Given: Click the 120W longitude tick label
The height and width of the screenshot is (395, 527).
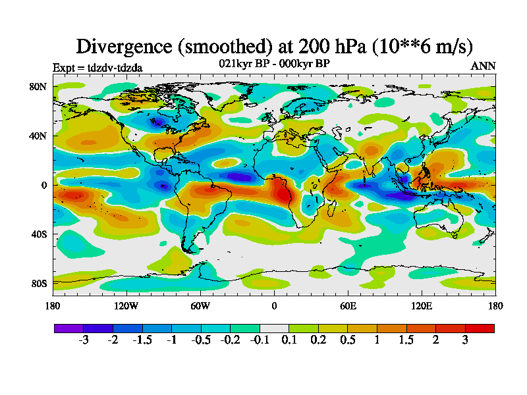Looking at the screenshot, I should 126,305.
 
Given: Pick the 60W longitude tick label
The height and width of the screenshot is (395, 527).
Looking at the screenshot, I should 200,305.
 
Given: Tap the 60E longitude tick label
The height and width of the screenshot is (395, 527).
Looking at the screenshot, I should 348,305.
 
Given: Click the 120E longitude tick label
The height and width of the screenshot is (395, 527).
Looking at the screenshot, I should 422,305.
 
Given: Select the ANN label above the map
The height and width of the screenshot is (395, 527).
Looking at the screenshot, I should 483,66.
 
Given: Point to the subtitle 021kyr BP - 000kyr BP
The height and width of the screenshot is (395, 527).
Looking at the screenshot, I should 274,63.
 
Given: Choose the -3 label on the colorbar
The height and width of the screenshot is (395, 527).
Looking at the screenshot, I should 83,340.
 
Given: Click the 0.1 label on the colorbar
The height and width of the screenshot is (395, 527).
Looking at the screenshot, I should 289,340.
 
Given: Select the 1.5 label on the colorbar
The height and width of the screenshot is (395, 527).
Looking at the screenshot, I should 406,340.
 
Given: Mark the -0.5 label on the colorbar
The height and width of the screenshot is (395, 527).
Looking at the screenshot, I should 200,340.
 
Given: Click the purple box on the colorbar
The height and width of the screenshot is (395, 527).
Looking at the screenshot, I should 69,328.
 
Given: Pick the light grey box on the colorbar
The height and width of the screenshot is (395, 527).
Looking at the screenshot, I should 274,328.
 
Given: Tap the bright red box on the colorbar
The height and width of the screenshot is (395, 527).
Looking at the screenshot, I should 480,328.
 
